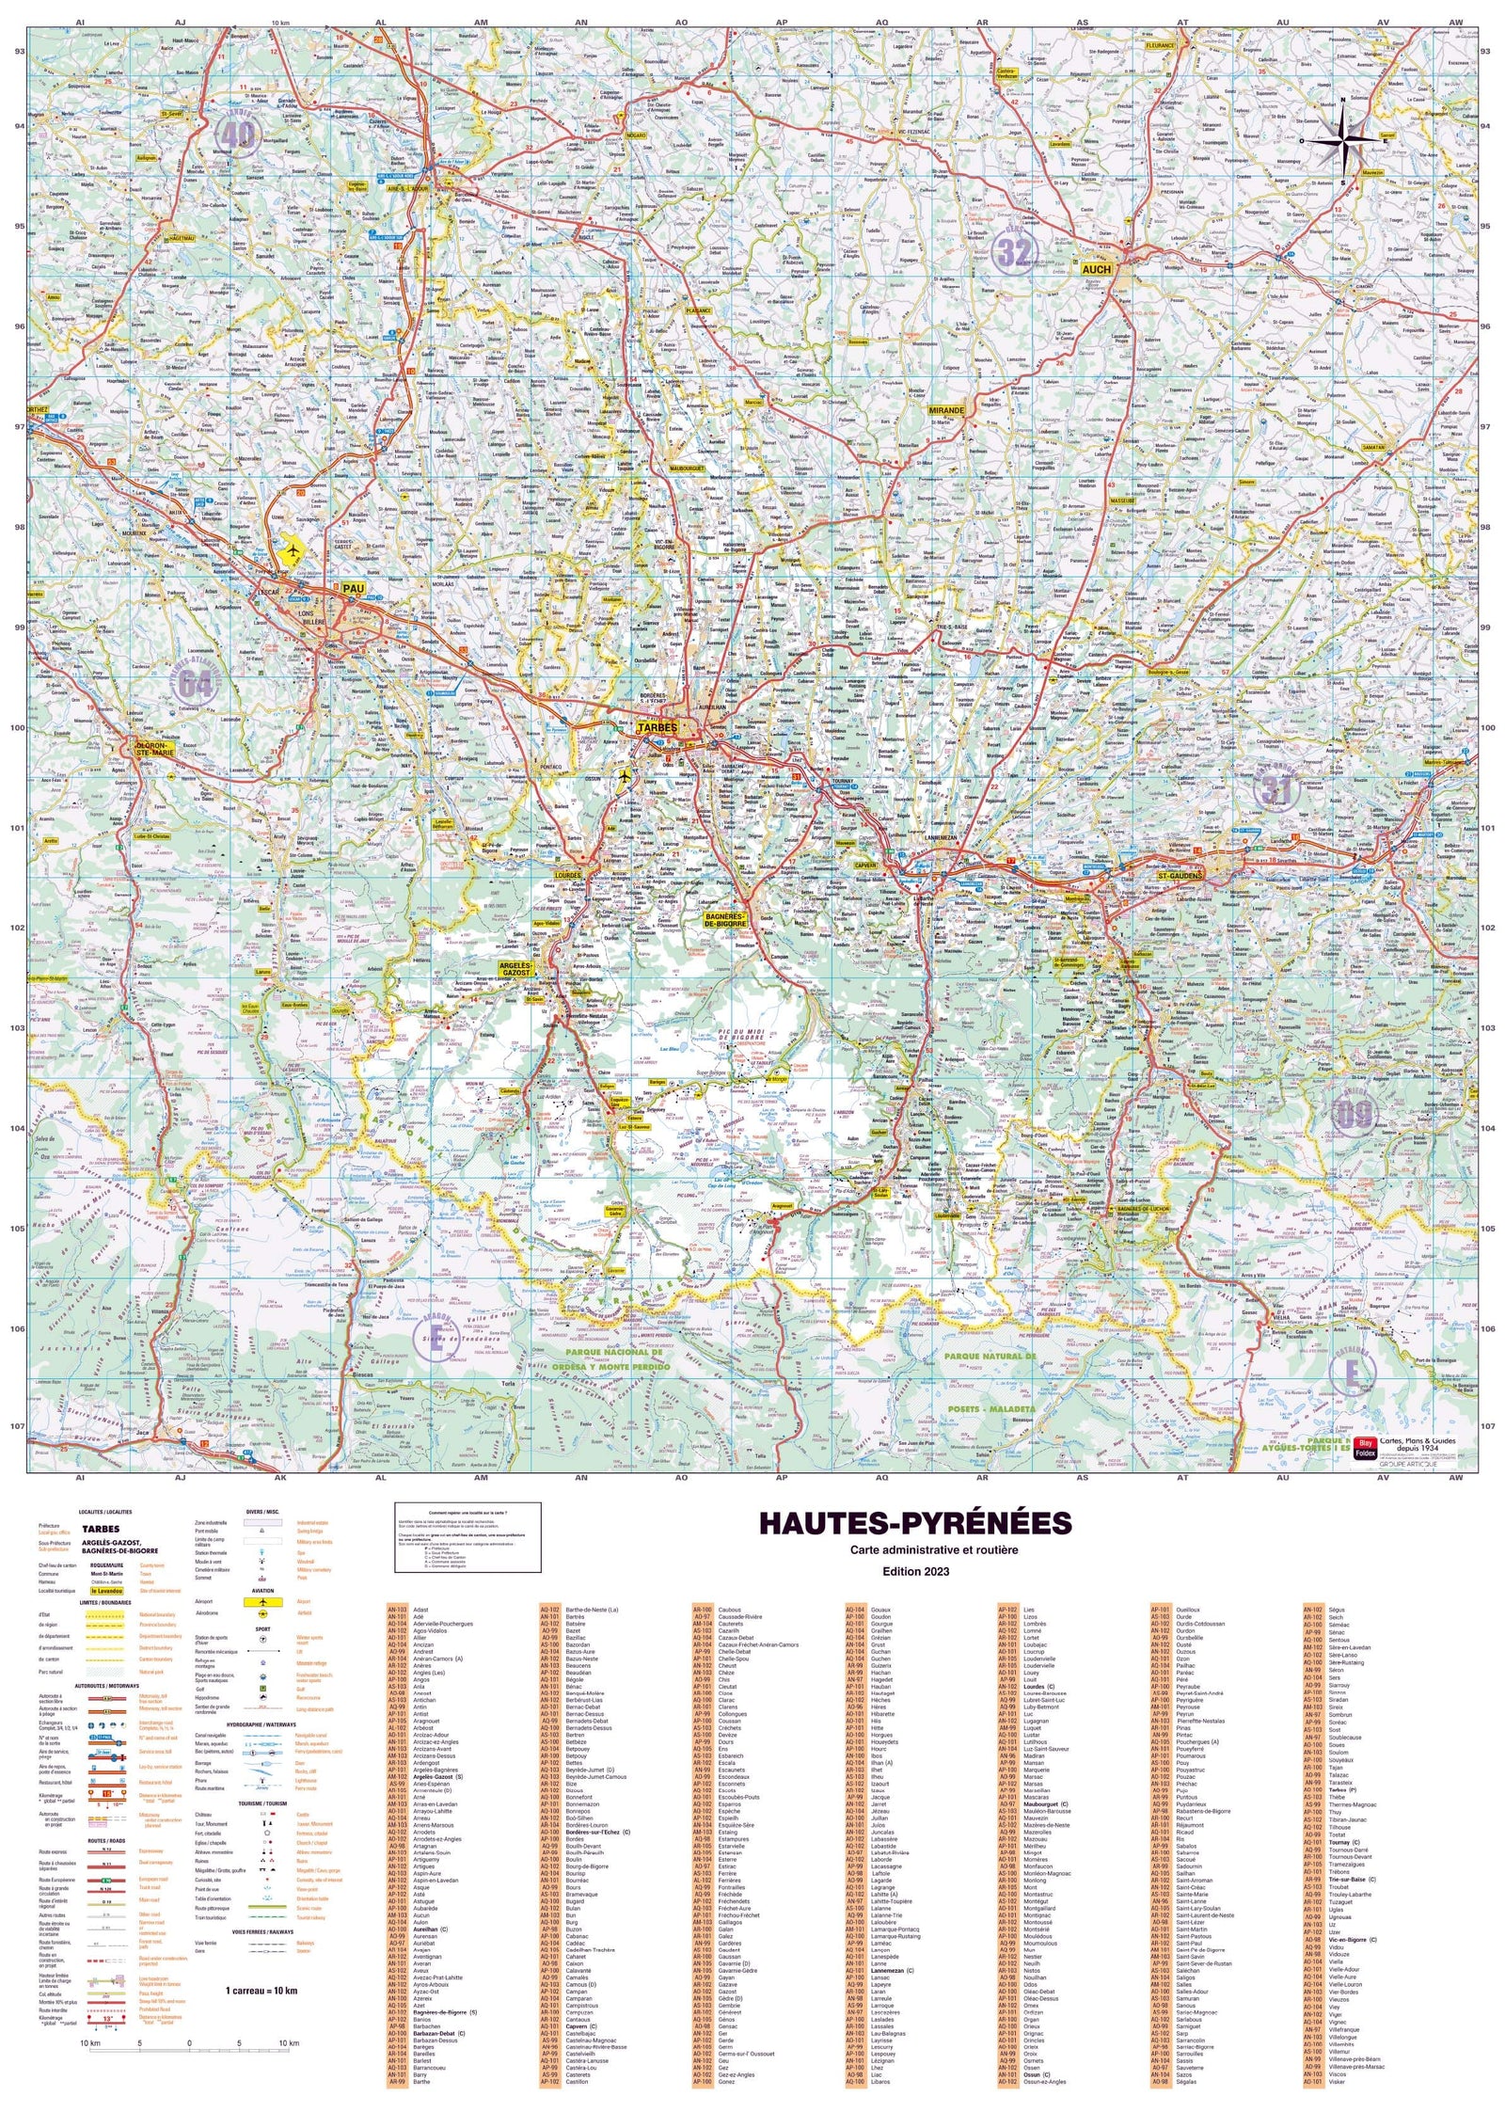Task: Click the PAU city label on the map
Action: coord(354,588)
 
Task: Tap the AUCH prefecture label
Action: coord(1096,269)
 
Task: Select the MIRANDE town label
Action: coord(946,410)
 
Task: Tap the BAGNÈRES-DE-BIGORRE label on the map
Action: coord(726,919)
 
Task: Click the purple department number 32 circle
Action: coord(1013,252)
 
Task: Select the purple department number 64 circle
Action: coord(195,684)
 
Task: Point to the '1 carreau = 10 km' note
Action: coord(261,1964)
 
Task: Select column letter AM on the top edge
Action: coord(481,22)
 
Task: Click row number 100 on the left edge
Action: coord(16,728)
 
